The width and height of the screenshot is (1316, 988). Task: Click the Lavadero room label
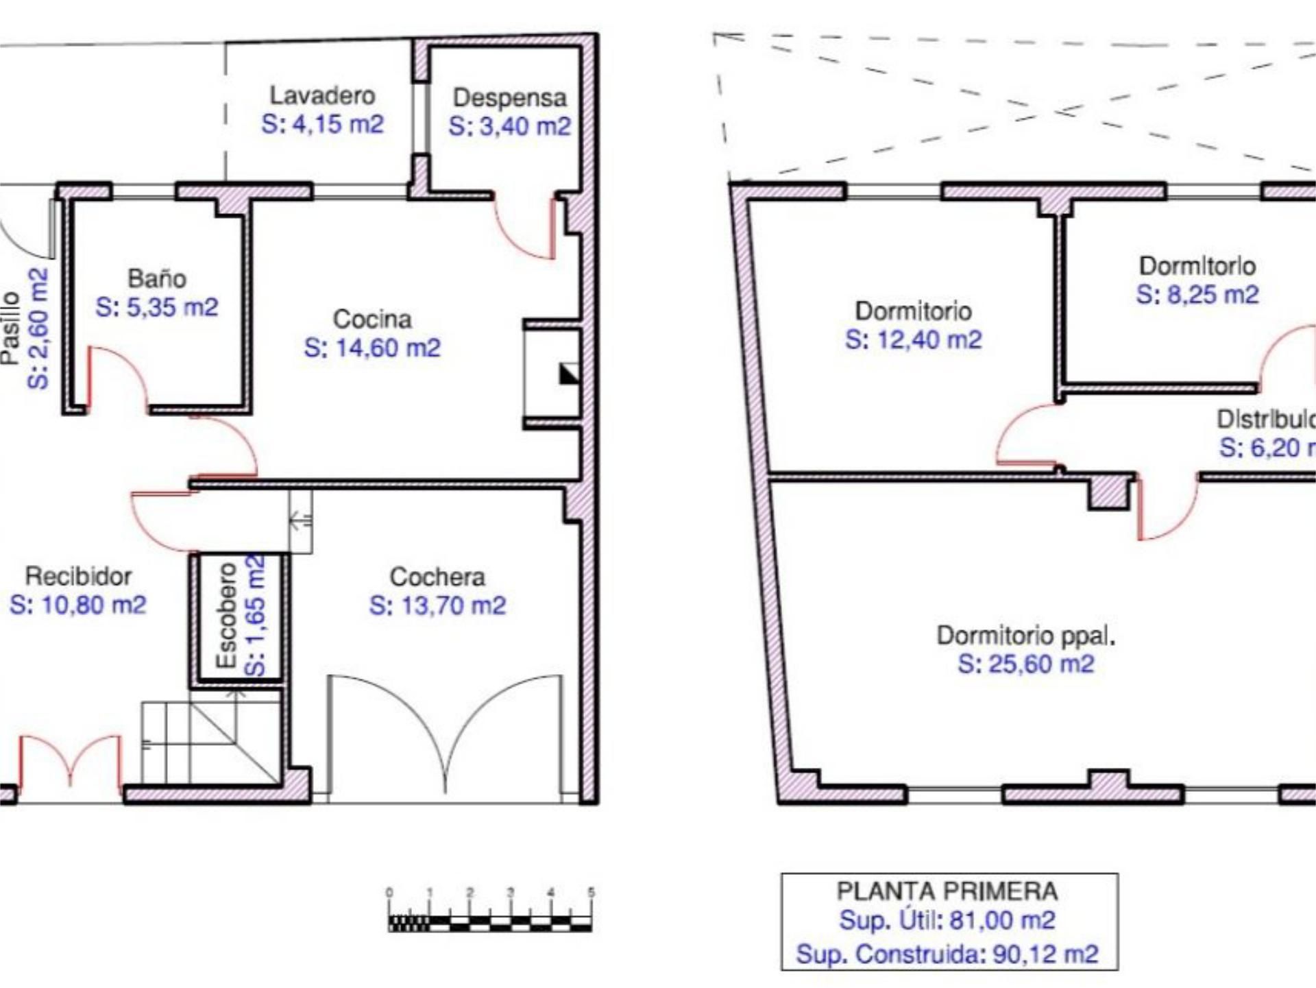tap(321, 95)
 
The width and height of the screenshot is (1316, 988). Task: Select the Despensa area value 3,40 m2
tap(509, 127)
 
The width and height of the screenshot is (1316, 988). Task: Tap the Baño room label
tap(157, 278)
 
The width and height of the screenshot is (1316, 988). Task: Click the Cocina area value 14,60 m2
tap(372, 348)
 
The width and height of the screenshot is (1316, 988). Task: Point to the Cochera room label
tap(437, 577)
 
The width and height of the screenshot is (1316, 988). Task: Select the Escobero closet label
tap(226, 616)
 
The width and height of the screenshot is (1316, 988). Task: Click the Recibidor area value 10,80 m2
tap(77, 605)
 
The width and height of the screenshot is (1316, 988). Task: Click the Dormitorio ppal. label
tap(1025, 636)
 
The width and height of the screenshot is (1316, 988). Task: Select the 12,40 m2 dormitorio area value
tap(913, 340)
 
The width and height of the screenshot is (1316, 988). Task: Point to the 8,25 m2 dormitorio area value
tap(1197, 295)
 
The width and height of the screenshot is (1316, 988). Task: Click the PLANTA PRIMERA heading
tap(947, 891)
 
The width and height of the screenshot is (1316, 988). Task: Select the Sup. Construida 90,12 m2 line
tap(947, 954)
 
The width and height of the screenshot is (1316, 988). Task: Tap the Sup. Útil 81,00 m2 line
tap(947, 920)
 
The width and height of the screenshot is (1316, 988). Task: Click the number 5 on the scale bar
tap(591, 893)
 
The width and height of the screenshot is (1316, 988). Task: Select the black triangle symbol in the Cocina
tap(569, 374)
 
